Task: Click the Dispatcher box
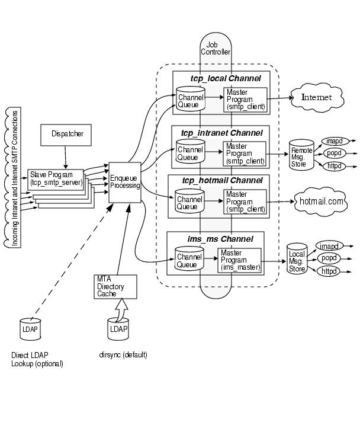pyautogui.click(x=66, y=135)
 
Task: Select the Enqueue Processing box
pyautogui.click(x=125, y=181)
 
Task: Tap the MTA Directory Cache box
pyautogui.click(x=115, y=286)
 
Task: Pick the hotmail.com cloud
pyautogui.click(x=321, y=202)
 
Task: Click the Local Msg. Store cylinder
pyautogui.click(x=297, y=258)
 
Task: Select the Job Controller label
pyautogui.click(x=211, y=48)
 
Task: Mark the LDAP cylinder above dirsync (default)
pyautogui.click(x=118, y=328)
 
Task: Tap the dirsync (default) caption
pyautogui.click(x=123, y=354)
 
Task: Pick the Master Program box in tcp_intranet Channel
pyautogui.click(x=244, y=153)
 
